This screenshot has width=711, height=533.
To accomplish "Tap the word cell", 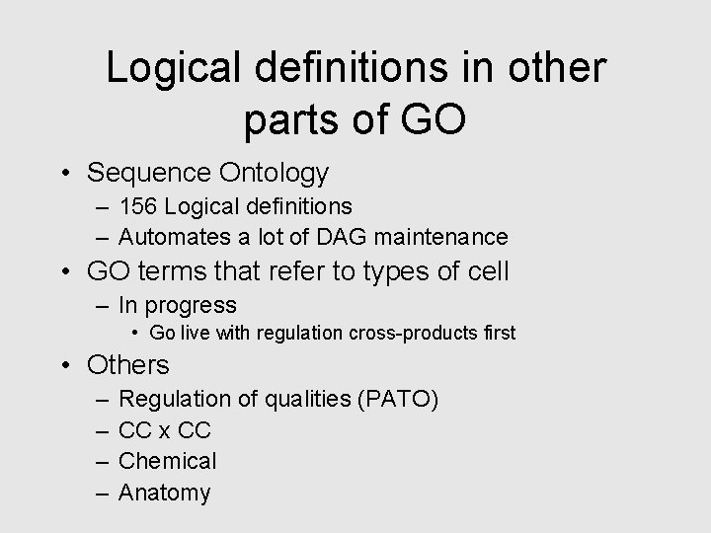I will coord(484,271).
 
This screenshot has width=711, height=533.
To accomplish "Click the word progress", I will coord(192,306).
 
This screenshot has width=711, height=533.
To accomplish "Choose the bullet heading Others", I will coord(128,365).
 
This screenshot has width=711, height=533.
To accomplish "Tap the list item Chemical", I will coord(167,461).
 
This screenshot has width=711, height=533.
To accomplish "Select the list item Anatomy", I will coord(164,492).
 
